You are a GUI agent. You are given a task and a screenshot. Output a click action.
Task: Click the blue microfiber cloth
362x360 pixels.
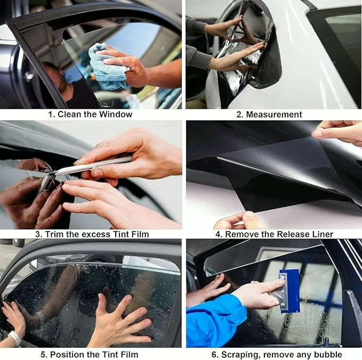106,68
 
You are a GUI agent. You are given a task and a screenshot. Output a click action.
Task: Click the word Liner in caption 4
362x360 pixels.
321,234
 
